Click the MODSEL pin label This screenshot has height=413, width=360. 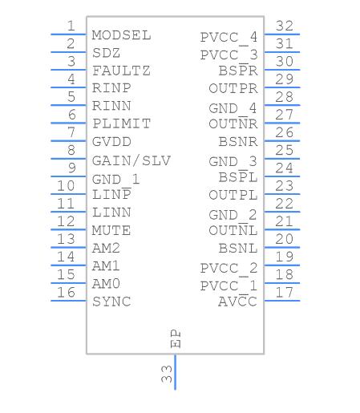pyautogui.click(x=122, y=35)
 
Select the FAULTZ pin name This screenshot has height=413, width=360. pyautogui.click(x=121, y=71)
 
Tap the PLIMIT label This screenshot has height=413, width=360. pyautogui.click(x=122, y=123)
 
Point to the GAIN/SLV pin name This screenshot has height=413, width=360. pyautogui.click(x=131, y=160)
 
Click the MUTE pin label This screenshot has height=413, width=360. pyautogui.click(x=111, y=230)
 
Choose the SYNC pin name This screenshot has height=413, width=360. pyautogui.click(x=111, y=302)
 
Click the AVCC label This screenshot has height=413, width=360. pyautogui.click(x=237, y=301)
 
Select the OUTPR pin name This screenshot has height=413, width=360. pyautogui.click(x=233, y=88)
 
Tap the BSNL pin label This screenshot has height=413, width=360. pyautogui.click(x=238, y=249)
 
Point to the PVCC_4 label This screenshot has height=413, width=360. pyautogui.click(x=229, y=38)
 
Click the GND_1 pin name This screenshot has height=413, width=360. pyautogui.click(x=115, y=180)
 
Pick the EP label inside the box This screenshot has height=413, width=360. pyautogui.click(x=176, y=338)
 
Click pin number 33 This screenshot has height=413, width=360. pyautogui.click(x=167, y=374)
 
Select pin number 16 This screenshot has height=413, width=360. pyautogui.click(x=66, y=292)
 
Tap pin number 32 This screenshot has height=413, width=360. pyautogui.click(x=285, y=26)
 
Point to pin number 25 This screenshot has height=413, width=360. pyautogui.click(x=285, y=150)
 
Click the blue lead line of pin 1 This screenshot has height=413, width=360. pyautogui.click(x=68, y=34)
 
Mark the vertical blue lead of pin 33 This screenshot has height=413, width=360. pyautogui.click(x=175, y=372)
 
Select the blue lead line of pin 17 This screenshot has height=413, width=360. pyautogui.click(x=282, y=301)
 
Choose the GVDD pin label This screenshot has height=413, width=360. pyautogui.click(x=111, y=142)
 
